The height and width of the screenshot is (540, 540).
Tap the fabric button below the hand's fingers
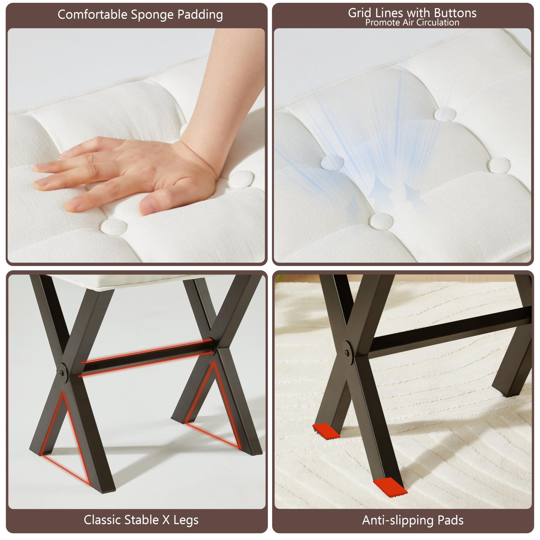pos(114,226)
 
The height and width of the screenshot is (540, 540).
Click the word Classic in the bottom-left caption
pos(102,520)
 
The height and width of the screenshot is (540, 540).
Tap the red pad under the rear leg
pos(326,431)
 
